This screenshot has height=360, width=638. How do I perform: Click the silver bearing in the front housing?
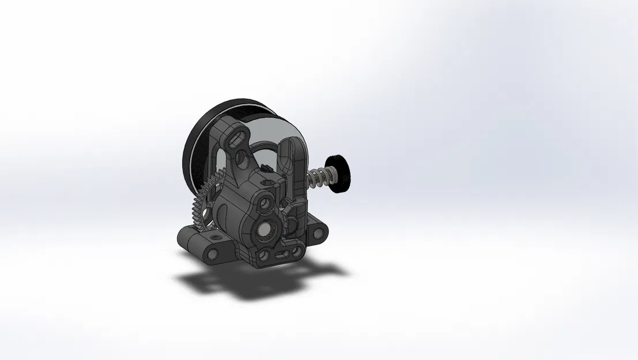(267, 229)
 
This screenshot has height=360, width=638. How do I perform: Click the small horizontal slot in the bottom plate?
(282, 253)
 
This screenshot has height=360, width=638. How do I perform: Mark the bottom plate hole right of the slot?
(297, 251)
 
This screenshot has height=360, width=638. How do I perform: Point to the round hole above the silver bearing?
(266, 202)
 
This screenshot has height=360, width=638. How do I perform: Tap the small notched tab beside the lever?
(266, 168)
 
